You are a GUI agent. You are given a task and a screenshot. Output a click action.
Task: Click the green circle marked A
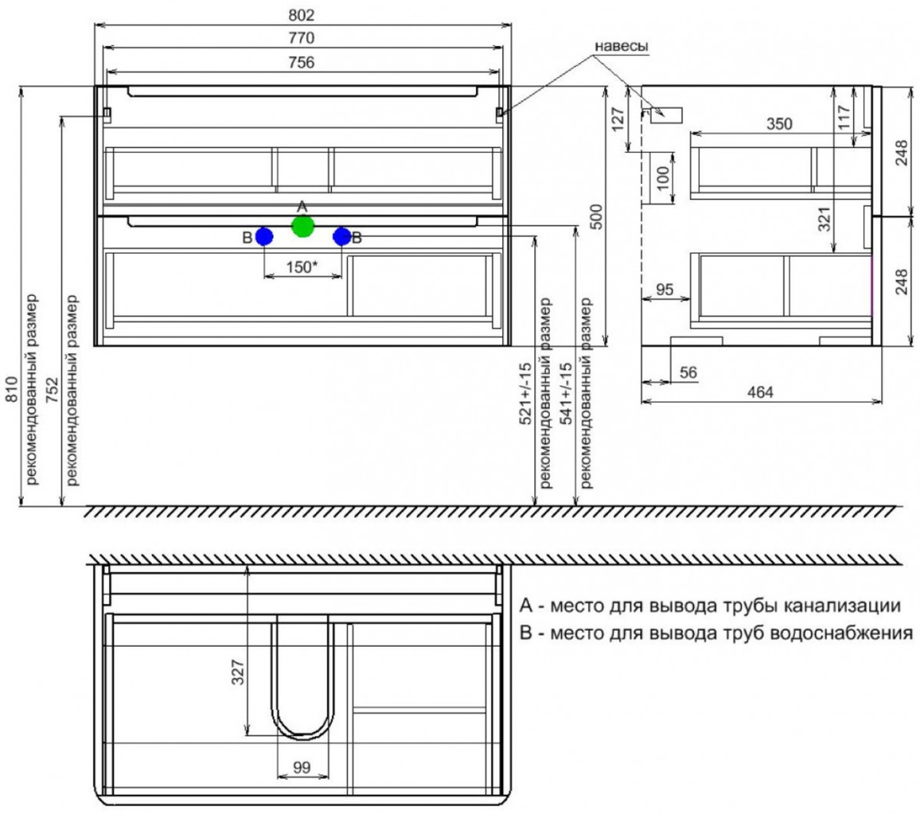click(x=302, y=227)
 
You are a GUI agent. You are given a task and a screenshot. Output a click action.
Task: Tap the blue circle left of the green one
click(x=264, y=237)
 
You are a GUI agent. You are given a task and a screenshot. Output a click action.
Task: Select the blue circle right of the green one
click(x=341, y=237)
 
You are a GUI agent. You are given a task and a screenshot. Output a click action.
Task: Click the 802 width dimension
click(x=301, y=15)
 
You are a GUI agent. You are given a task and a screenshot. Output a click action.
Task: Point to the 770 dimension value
click(x=301, y=38)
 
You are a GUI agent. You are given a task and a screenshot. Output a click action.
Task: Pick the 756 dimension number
click(x=301, y=62)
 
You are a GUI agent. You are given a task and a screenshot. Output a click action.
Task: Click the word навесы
click(x=621, y=46)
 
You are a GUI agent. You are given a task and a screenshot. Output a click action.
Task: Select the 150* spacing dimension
click(x=302, y=267)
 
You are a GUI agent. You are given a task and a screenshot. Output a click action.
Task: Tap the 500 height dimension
click(x=597, y=217)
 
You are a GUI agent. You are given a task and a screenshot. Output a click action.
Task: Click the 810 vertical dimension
click(x=11, y=389)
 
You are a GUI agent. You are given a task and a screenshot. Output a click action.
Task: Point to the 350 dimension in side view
click(x=779, y=123)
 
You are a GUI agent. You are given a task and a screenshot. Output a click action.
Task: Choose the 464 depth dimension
click(x=761, y=392)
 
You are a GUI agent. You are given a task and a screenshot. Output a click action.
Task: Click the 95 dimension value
click(x=665, y=289)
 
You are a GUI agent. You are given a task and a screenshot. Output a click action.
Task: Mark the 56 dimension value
click(x=688, y=373)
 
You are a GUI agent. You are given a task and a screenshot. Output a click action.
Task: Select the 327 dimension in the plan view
click(x=238, y=672)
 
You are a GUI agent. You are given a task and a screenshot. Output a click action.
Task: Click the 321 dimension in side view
click(x=825, y=218)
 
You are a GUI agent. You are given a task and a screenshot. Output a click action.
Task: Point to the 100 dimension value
click(x=663, y=178)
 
